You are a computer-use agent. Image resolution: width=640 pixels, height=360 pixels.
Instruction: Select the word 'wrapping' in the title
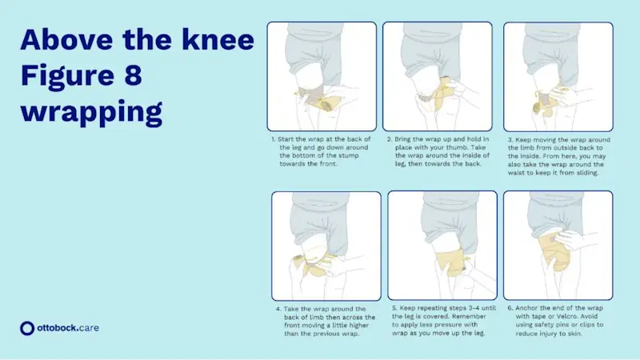coord(91,112)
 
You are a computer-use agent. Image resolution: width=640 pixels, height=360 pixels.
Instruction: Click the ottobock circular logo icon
coord(28,327)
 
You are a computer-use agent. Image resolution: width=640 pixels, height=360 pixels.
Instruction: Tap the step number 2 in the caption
coord(389,139)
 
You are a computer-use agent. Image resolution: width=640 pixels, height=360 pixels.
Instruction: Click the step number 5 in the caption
coord(394,308)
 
